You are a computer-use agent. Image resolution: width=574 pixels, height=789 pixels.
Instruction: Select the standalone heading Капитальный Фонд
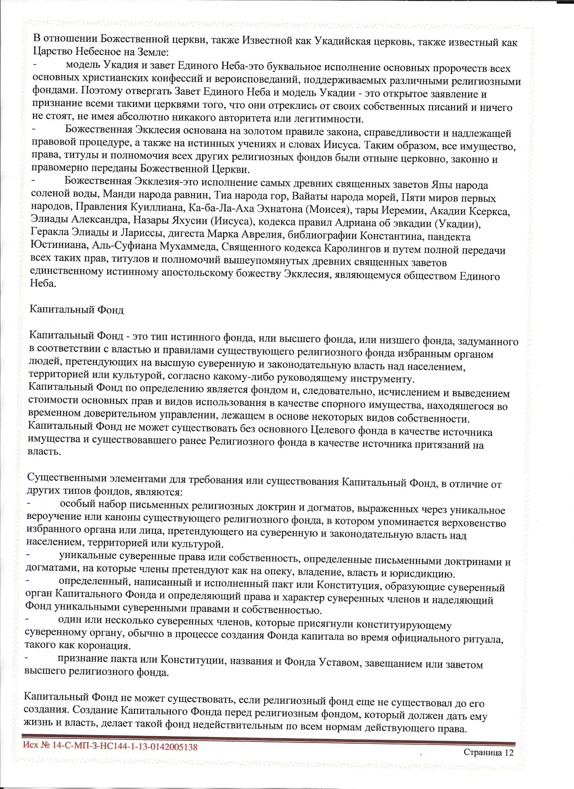tap(77, 310)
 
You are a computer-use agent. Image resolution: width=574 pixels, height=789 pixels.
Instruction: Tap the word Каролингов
tap(353, 249)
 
